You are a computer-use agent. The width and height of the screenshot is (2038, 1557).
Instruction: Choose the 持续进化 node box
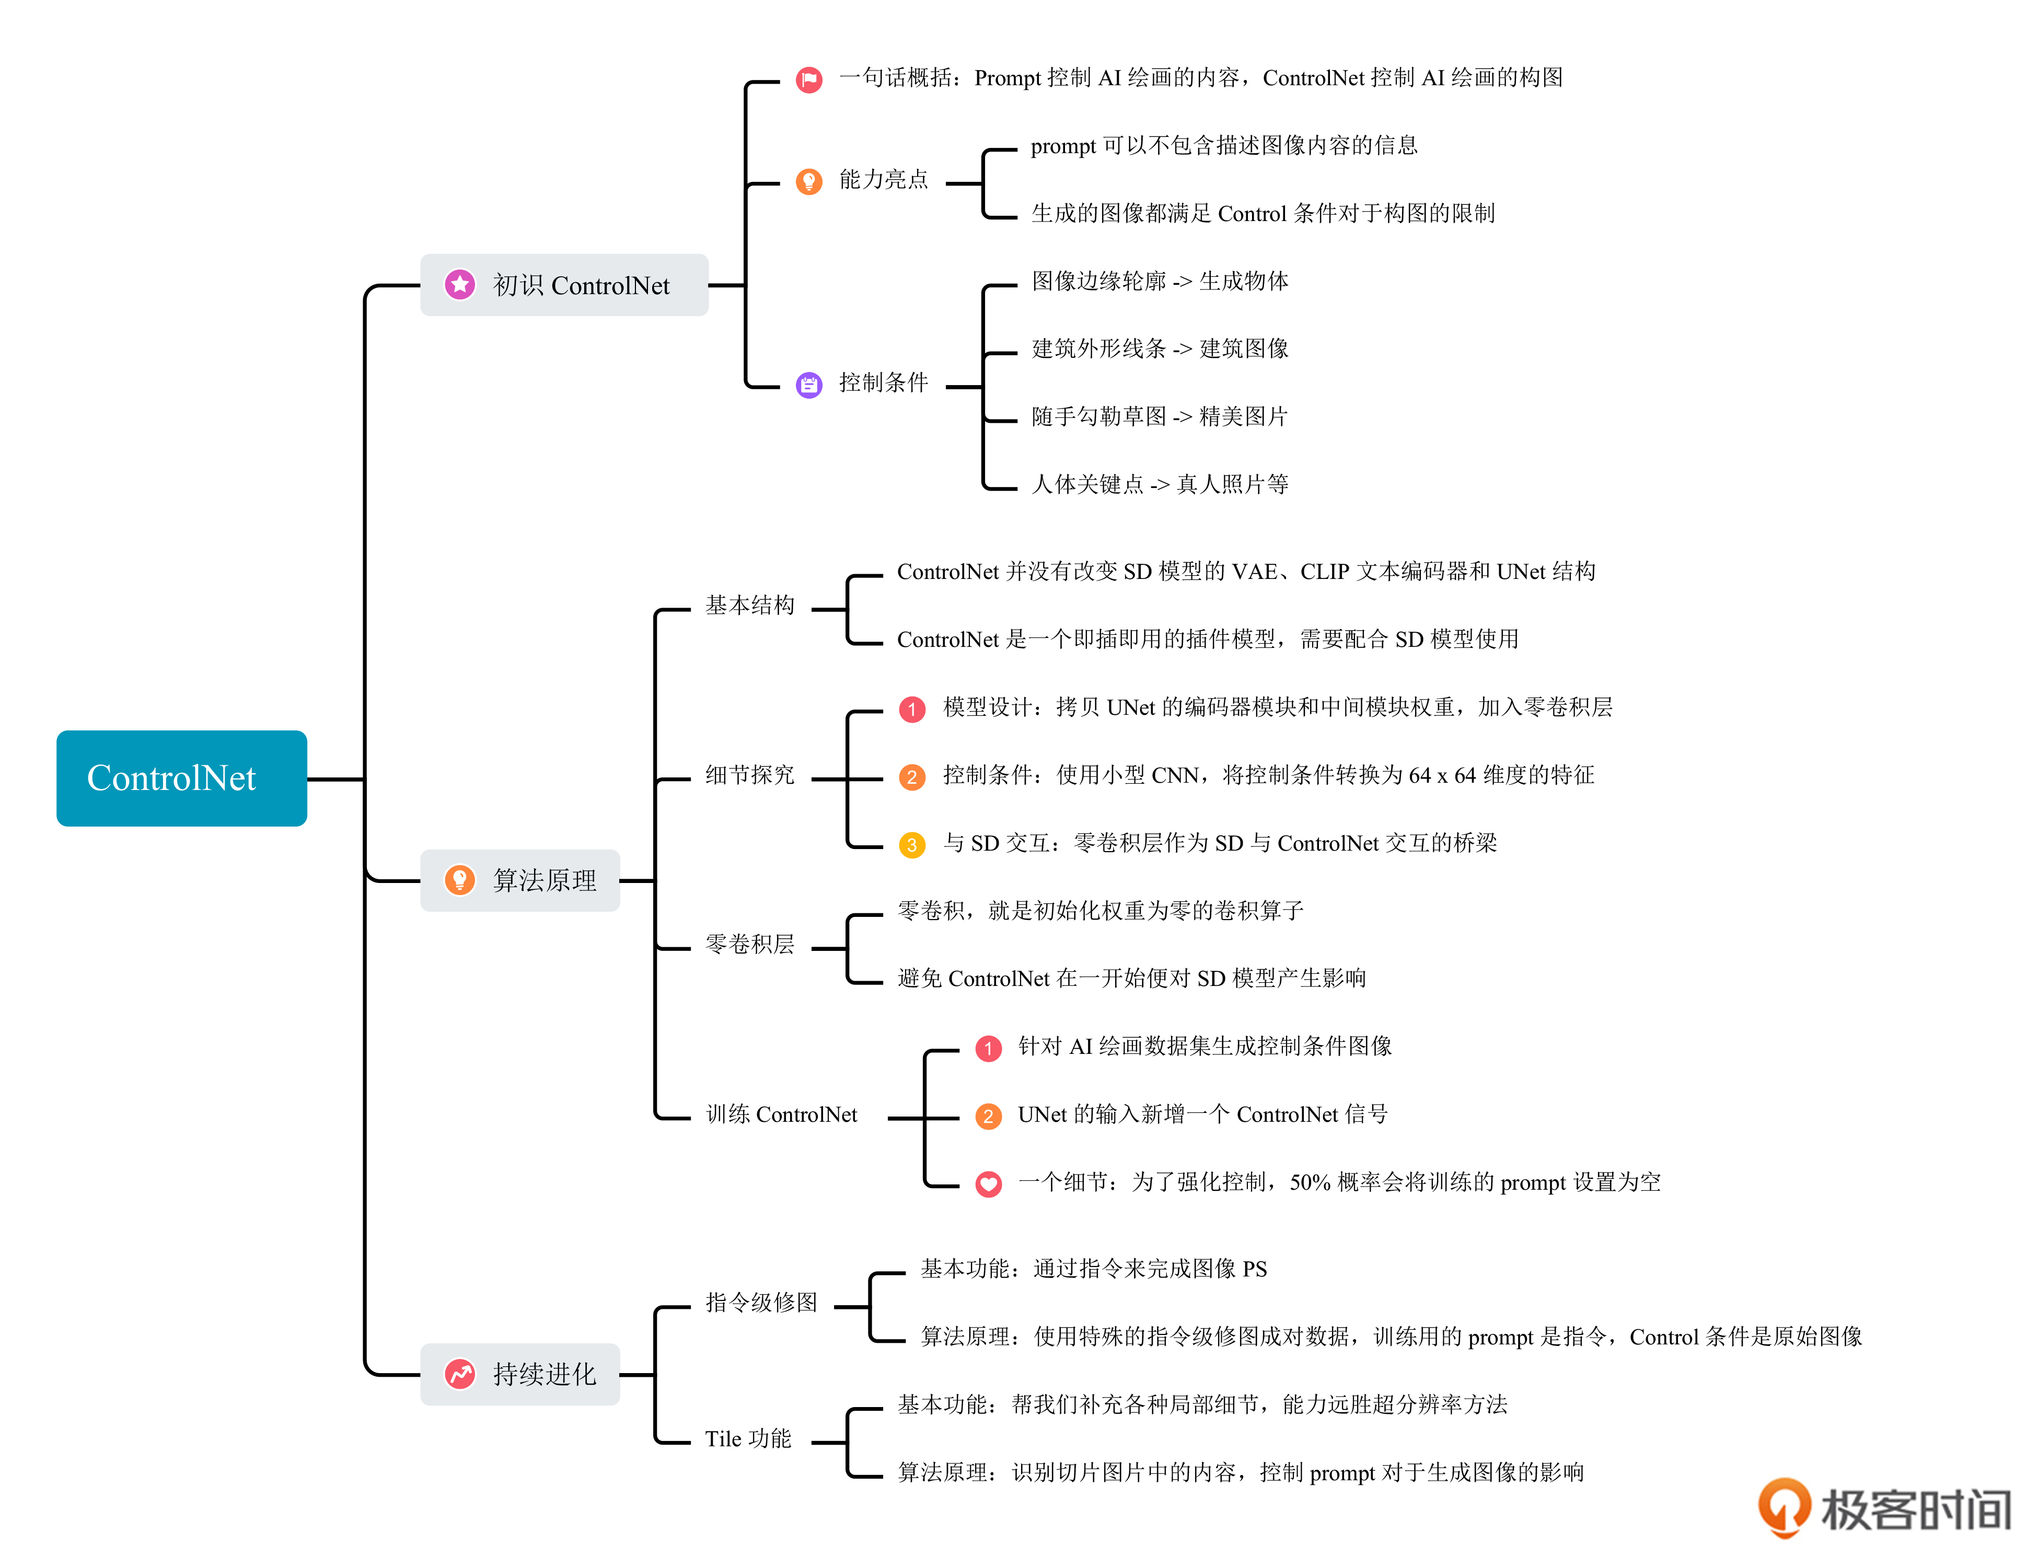(x=520, y=1374)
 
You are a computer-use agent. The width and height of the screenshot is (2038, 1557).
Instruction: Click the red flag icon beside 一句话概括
(x=808, y=80)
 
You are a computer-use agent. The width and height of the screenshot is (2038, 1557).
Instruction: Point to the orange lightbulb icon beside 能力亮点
(x=808, y=181)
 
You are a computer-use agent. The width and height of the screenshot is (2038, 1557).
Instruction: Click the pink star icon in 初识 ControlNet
(x=460, y=285)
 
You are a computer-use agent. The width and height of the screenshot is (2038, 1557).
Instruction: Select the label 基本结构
(x=750, y=605)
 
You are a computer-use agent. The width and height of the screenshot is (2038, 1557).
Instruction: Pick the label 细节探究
(x=750, y=775)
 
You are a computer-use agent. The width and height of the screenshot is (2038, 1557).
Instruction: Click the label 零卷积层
(x=750, y=945)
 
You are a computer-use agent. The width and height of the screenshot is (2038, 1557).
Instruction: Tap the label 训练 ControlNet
(x=781, y=1114)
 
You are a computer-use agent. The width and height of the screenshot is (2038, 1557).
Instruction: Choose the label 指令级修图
(x=761, y=1302)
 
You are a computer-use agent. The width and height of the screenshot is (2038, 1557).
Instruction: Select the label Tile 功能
(x=748, y=1438)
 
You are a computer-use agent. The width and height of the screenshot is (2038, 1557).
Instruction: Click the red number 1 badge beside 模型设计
(x=912, y=709)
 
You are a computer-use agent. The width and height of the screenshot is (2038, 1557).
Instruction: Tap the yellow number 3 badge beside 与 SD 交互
(x=912, y=844)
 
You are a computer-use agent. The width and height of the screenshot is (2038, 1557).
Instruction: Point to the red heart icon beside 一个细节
(x=988, y=1183)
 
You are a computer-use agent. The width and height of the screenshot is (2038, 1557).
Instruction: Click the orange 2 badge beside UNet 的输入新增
(x=988, y=1116)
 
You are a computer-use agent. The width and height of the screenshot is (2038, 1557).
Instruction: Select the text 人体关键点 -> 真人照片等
(x=1160, y=484)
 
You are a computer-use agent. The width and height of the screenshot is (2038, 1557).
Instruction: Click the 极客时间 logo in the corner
(x=1885, y=1508)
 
